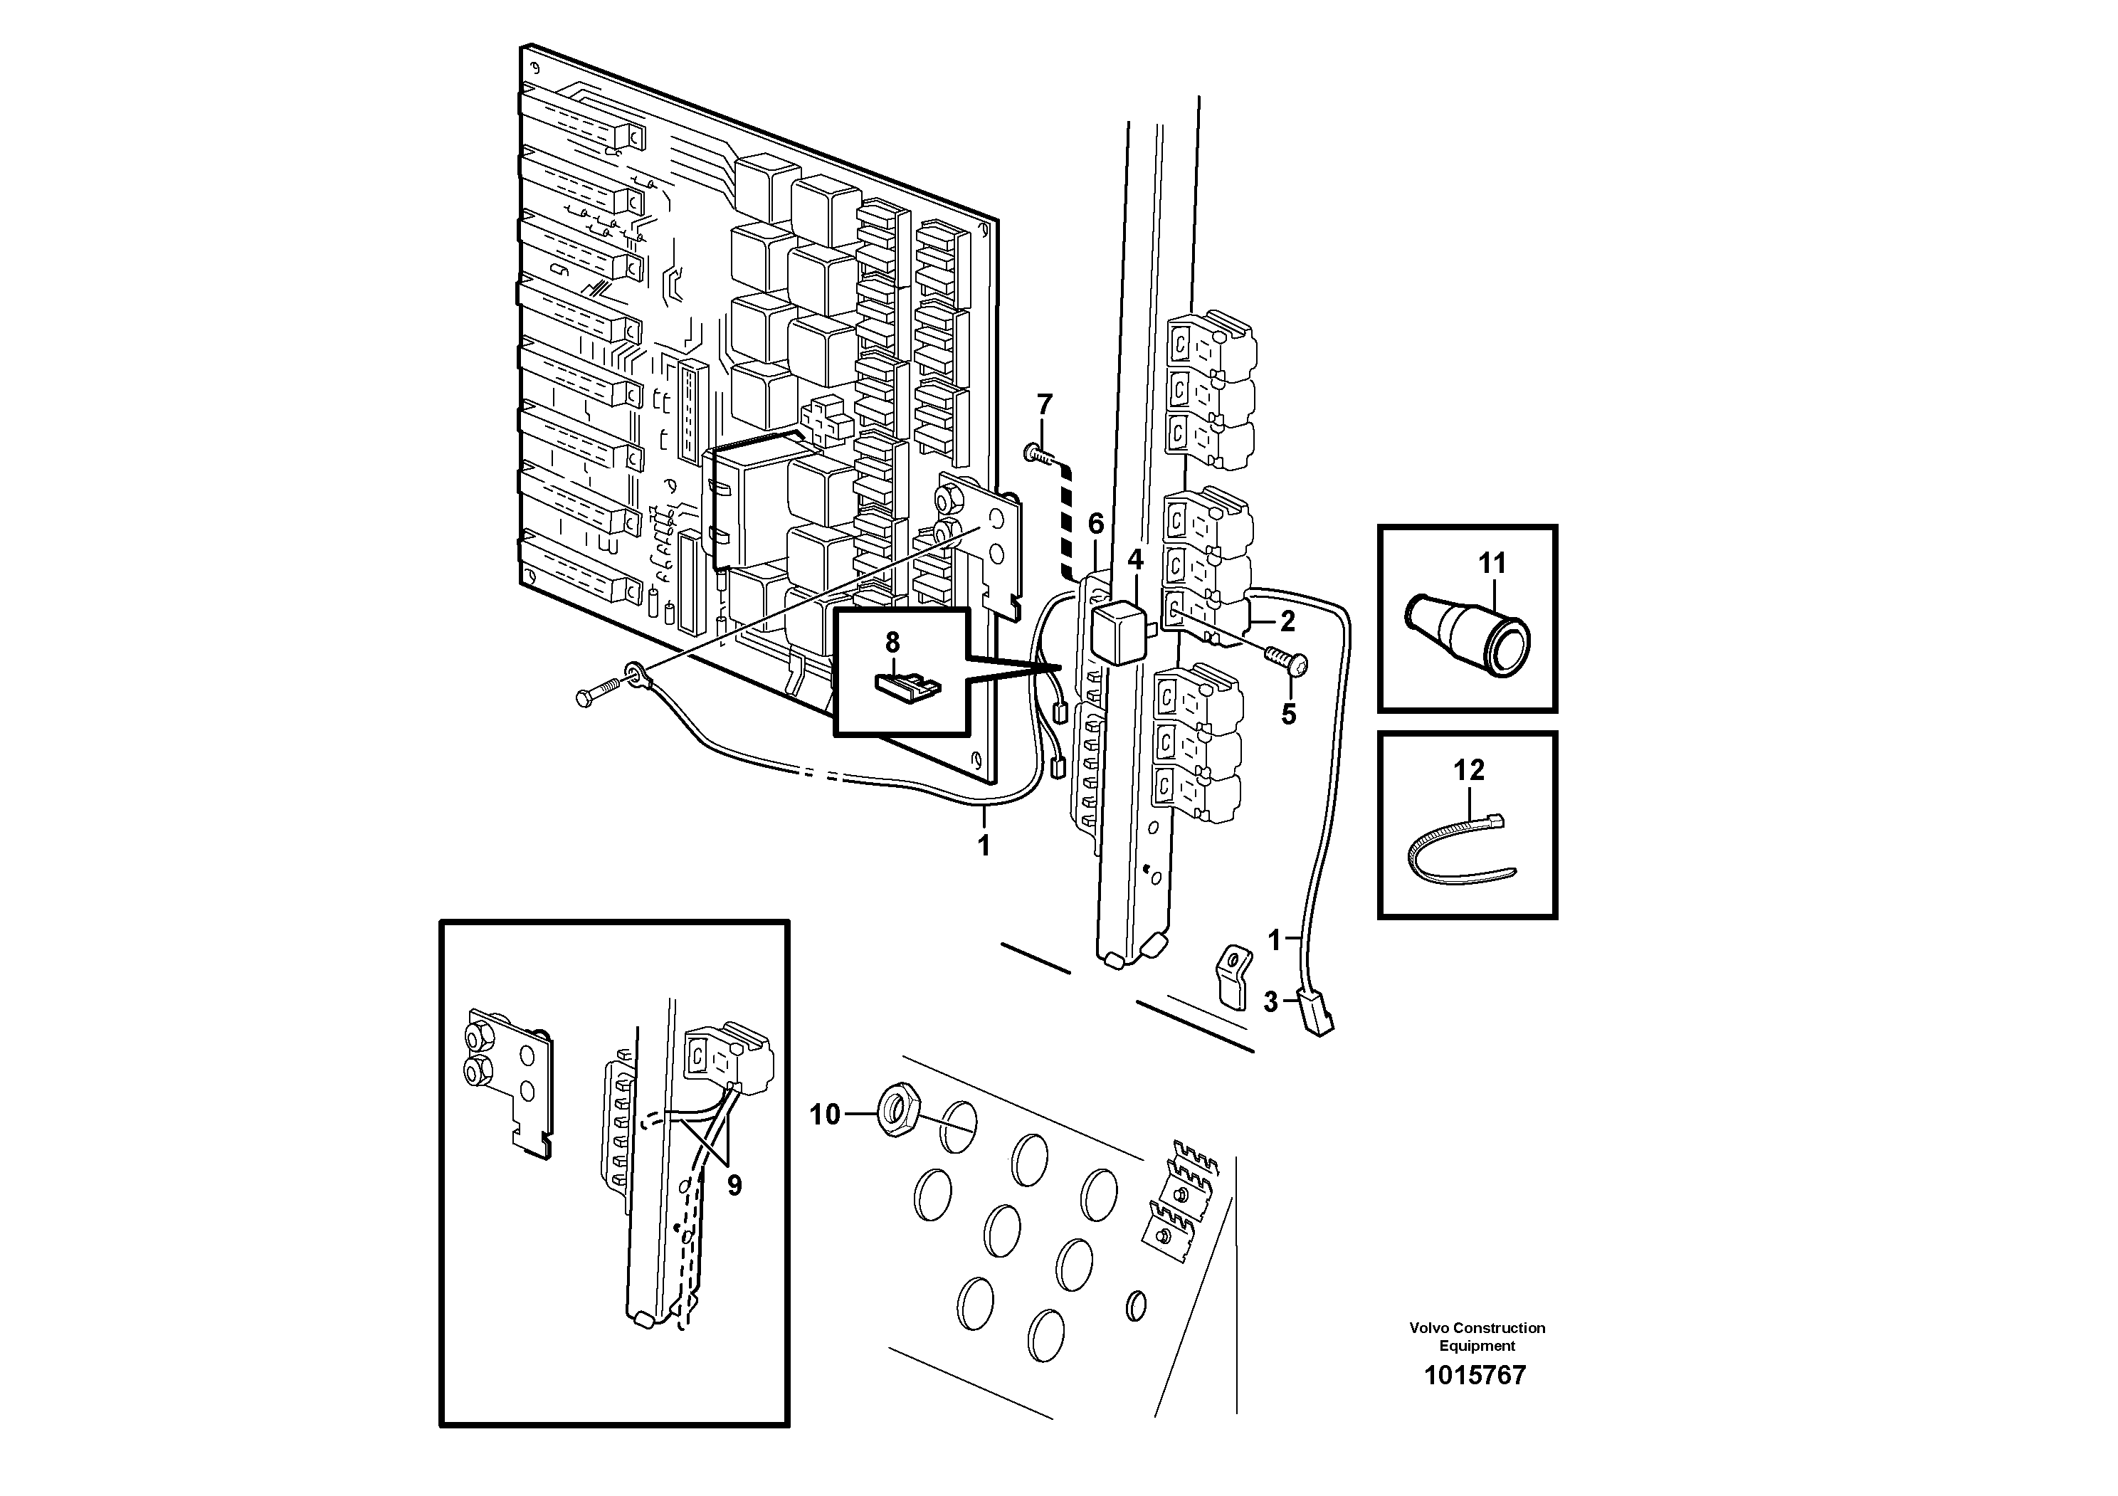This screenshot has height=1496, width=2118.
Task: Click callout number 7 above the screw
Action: click(x=1043, y=404)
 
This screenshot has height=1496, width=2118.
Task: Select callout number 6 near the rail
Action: click(x=1095, y=524)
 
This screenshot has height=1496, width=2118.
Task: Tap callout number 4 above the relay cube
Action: click(x=1134, y=559)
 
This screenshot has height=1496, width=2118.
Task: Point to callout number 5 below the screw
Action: click(x=1289, y=714)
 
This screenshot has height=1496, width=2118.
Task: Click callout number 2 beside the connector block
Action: click(x=1287, y=621)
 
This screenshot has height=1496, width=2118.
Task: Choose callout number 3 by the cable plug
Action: click(x=1270, y=1001)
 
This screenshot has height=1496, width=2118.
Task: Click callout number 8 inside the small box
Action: click(x=892, y=642)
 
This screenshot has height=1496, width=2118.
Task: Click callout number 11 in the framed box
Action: click(x=1492, y=563)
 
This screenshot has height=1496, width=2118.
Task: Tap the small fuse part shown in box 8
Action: click(x=907, y=685)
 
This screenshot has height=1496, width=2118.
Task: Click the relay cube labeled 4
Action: click(x=1118, y=633)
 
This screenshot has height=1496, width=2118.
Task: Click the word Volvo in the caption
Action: click(x=1429, y=1328)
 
